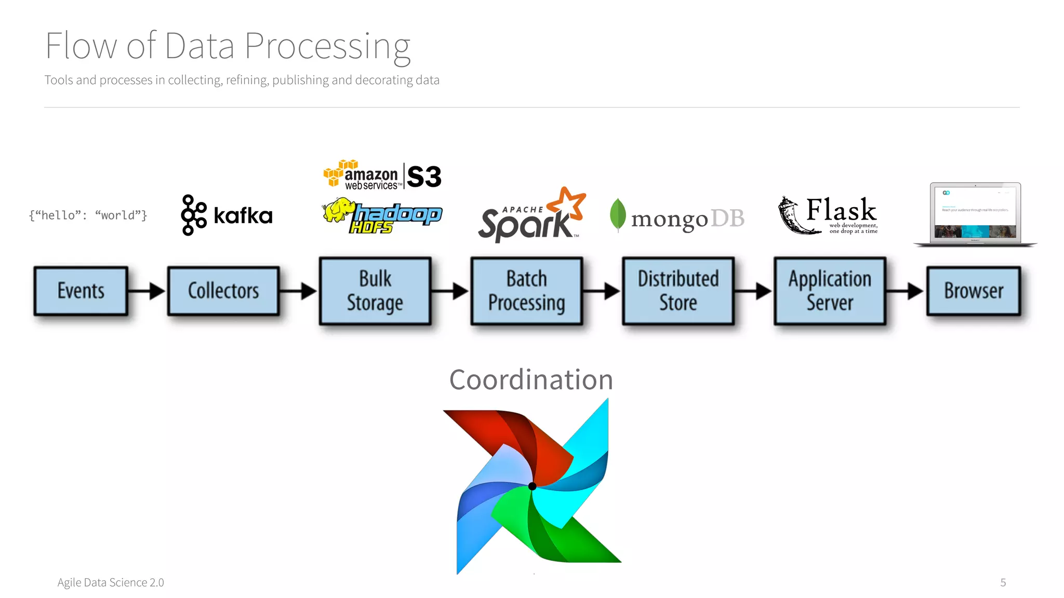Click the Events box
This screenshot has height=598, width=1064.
[81, 291]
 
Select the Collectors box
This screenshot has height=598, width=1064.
[223, 291]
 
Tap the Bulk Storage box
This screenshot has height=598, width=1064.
[375, 291]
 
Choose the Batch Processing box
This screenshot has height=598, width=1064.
[526, 291]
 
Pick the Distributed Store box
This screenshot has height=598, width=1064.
[678, 291]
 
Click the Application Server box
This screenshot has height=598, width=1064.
[830, 291]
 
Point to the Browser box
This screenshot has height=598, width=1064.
[974, 291]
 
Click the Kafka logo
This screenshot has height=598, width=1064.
[227, 215]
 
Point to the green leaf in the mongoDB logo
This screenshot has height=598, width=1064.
[618, 214]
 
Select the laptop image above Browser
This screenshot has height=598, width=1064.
[975, 214]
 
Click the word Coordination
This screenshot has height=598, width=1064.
[531, 379]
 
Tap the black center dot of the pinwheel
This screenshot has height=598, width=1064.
[533, 486]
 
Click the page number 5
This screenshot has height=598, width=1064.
[1003, 582]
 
